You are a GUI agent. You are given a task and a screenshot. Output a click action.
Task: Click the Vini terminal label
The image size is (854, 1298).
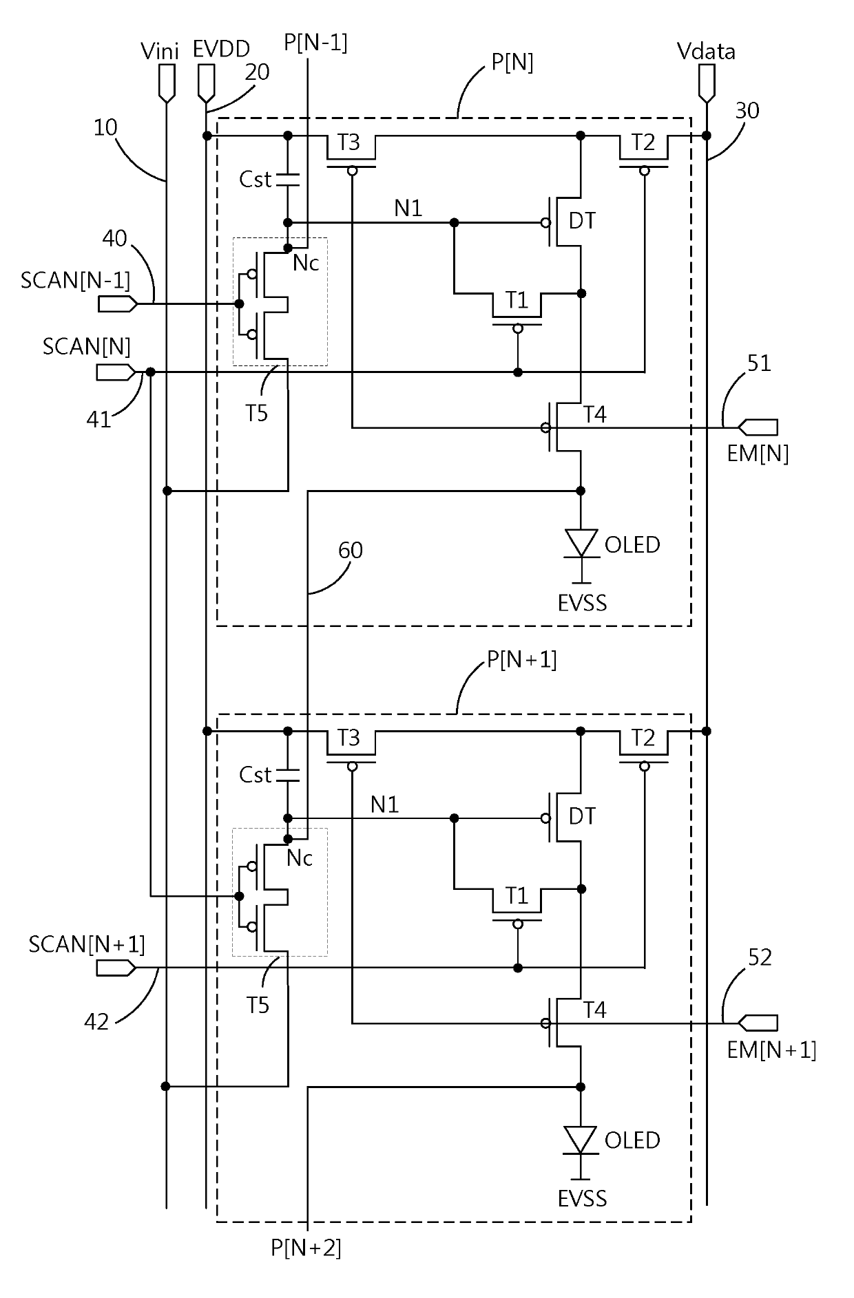[159, 51]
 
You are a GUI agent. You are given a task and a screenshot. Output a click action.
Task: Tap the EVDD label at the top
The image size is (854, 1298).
[222, 50]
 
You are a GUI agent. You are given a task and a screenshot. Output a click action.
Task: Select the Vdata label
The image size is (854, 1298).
[706, 51]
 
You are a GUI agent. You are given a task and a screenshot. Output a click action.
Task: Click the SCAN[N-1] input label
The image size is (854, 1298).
[76, 281]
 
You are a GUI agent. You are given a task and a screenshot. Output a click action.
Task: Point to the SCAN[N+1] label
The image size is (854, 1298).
[87, 944]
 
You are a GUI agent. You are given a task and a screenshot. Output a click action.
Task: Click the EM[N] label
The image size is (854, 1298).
[758, 454]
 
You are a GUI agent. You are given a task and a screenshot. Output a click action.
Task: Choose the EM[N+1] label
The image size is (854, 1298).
[771, 1050]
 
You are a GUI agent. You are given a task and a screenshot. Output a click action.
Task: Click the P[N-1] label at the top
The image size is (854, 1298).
[315, 43]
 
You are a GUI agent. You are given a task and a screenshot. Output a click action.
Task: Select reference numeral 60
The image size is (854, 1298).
[351, 550]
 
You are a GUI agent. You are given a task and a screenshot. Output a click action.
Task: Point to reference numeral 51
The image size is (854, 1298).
[759, 363]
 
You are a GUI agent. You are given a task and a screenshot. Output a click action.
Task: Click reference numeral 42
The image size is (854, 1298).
[96, 1022]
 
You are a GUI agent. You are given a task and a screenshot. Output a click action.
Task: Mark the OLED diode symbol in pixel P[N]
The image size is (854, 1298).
[581, 543]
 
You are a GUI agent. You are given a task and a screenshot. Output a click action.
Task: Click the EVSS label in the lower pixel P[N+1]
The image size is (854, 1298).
[583, 1199]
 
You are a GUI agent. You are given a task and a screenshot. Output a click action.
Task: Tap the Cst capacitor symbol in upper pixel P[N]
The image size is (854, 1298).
[288, 180]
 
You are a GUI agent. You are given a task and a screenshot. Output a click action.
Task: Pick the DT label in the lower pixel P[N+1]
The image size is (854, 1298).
[583, 816]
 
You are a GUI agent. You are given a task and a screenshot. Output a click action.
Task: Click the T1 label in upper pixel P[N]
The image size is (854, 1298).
[517, 300]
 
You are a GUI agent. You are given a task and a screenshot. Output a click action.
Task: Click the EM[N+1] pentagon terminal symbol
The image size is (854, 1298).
[758, 1023]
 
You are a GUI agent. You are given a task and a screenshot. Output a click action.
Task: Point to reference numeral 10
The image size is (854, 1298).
[105, 128]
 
